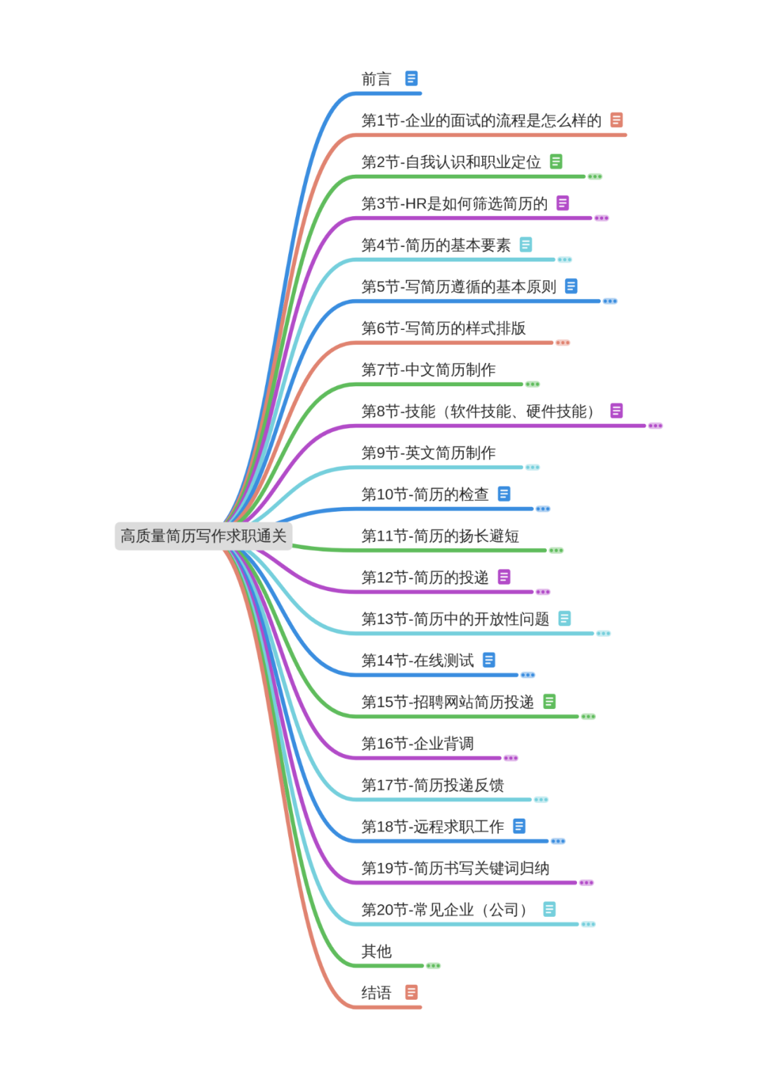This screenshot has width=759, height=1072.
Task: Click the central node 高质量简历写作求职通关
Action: click(203, 536)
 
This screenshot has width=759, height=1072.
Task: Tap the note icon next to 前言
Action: click(412, 79)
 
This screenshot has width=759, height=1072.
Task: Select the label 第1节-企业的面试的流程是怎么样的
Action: click(481, 121)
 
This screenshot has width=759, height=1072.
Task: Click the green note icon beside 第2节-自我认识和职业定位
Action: click(556, 161)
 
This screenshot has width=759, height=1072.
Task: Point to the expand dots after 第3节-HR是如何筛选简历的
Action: click(602, 218)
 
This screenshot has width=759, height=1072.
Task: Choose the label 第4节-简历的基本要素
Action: click(436, 245)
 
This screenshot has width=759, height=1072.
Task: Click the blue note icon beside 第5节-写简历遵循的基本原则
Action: click(571, 286)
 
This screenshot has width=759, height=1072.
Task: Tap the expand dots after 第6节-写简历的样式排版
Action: click(563, 343)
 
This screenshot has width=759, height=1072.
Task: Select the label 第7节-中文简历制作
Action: click(428, 370)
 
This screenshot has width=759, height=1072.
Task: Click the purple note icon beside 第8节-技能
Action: click(616, 411)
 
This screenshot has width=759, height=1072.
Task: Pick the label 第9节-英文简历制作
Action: click(428, 453)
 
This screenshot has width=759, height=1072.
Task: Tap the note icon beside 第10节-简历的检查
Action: click(504, 494)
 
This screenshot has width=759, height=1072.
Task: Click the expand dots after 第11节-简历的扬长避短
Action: click(557, 550)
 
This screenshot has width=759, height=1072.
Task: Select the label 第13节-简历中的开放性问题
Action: click(455, 619)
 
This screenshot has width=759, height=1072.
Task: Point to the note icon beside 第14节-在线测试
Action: click(489, 660)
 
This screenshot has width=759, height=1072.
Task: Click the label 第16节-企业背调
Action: click(417, 743)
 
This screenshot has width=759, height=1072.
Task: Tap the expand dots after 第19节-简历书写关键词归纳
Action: click(587, 882)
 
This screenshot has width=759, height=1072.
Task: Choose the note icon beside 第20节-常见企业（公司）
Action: click(550, 909)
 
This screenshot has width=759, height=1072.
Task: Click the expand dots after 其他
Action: click(434, 966)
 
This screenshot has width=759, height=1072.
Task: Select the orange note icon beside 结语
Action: click(412, 992)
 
